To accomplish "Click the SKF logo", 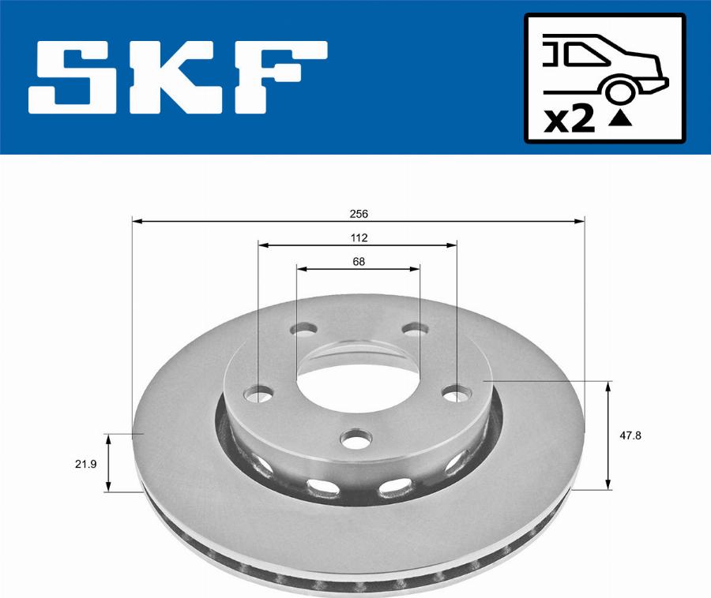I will point(178,77).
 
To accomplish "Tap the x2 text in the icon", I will point(570,119).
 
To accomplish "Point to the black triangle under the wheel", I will point(623,120).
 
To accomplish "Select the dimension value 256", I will point(359,214).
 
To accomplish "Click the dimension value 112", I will point(359,237).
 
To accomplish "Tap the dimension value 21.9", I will point(85,464).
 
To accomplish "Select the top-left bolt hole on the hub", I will point(303,329).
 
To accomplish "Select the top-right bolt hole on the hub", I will point(412,329).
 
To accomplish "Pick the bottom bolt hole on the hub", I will point(357,437).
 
